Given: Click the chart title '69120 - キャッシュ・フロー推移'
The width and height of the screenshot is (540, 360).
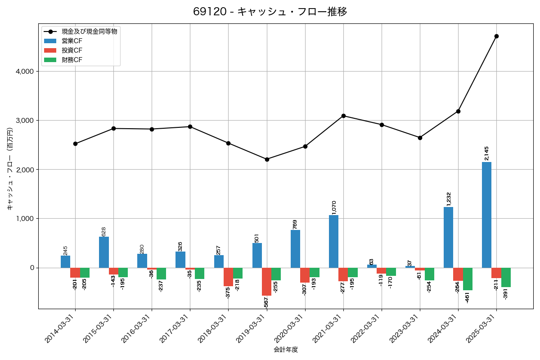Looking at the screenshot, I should tap(270, 12).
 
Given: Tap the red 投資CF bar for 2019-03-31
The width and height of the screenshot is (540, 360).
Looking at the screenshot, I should tap(266, 281).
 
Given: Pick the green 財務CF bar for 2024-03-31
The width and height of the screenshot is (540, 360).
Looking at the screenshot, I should tap(468, 279).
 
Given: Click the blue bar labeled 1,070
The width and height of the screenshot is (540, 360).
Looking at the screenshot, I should tap(333, 241).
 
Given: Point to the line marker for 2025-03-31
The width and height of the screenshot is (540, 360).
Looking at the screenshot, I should tap(496, 36).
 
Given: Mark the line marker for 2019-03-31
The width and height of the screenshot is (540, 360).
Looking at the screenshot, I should tap(267, 159).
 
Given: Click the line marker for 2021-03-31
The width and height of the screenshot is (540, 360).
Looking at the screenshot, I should tap(343, 116).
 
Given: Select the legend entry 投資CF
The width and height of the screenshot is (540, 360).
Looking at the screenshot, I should tap(72, 50).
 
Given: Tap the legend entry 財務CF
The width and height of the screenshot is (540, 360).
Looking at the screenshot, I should tap(72, 59).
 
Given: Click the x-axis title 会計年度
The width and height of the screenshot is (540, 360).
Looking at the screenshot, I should tap(286, 350).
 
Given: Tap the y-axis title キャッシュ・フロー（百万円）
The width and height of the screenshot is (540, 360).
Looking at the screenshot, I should tap(10, 169).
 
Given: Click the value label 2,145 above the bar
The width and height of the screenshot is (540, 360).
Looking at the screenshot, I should tap(486, 153).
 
